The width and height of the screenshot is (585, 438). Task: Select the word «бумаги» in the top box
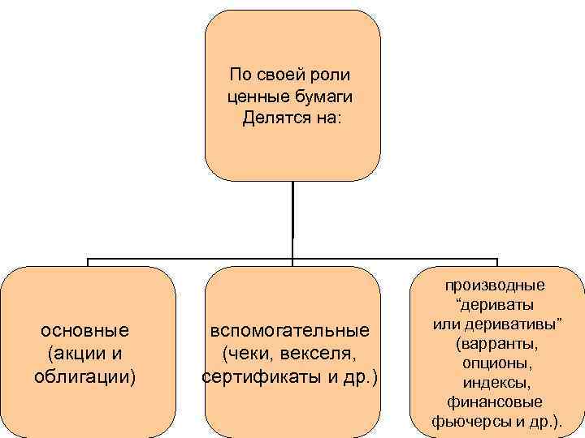pyautogui.click(x=325, y=97)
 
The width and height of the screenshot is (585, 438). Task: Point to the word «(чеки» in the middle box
pyautogui.click(x=245, y=354)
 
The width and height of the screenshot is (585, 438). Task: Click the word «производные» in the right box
pyautogui.click(x=496, y=285)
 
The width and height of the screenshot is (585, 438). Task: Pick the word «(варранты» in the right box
pyautogui.click(x=496, y=343)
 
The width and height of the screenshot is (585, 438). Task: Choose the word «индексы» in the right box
pyautogui.click(x=496, y=381)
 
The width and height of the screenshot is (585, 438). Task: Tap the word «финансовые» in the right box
pyautogui.click(x=496, y=401)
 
